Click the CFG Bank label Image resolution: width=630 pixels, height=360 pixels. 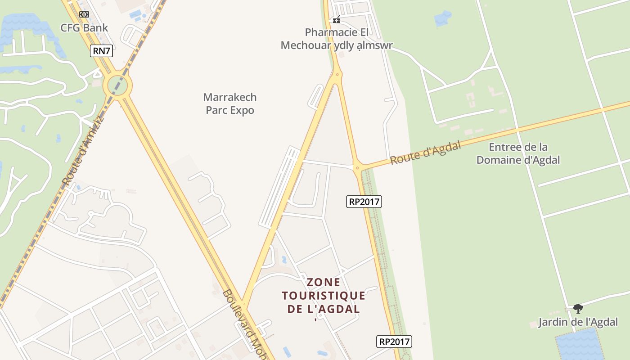[x=85, y=28]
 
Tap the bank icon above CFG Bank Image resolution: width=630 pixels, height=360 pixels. [x=84, y=14]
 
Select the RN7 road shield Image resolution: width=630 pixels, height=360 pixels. [x=101, y=51]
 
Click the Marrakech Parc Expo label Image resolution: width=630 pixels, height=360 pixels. [x=230, y=103]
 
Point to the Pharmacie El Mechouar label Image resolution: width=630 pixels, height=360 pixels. [x=337, y=39]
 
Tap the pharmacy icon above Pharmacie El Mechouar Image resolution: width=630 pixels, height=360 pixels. [x=336, y=19]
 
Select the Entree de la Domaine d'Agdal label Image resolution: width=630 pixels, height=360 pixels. [x=518, y=153]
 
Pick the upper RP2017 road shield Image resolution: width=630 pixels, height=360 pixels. [x=364, y=202]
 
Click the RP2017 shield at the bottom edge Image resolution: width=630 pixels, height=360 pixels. [x=394, y=342]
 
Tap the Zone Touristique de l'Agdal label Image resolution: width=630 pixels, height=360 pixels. [x=324, y=296]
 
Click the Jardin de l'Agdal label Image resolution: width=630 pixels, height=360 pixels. [x=578, y=322]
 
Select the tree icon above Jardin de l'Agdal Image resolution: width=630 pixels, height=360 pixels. [x=578, y=309]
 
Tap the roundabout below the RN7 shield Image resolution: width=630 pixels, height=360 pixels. [x=117, y=84]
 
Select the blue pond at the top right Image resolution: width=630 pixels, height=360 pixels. [x=443, y=18]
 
